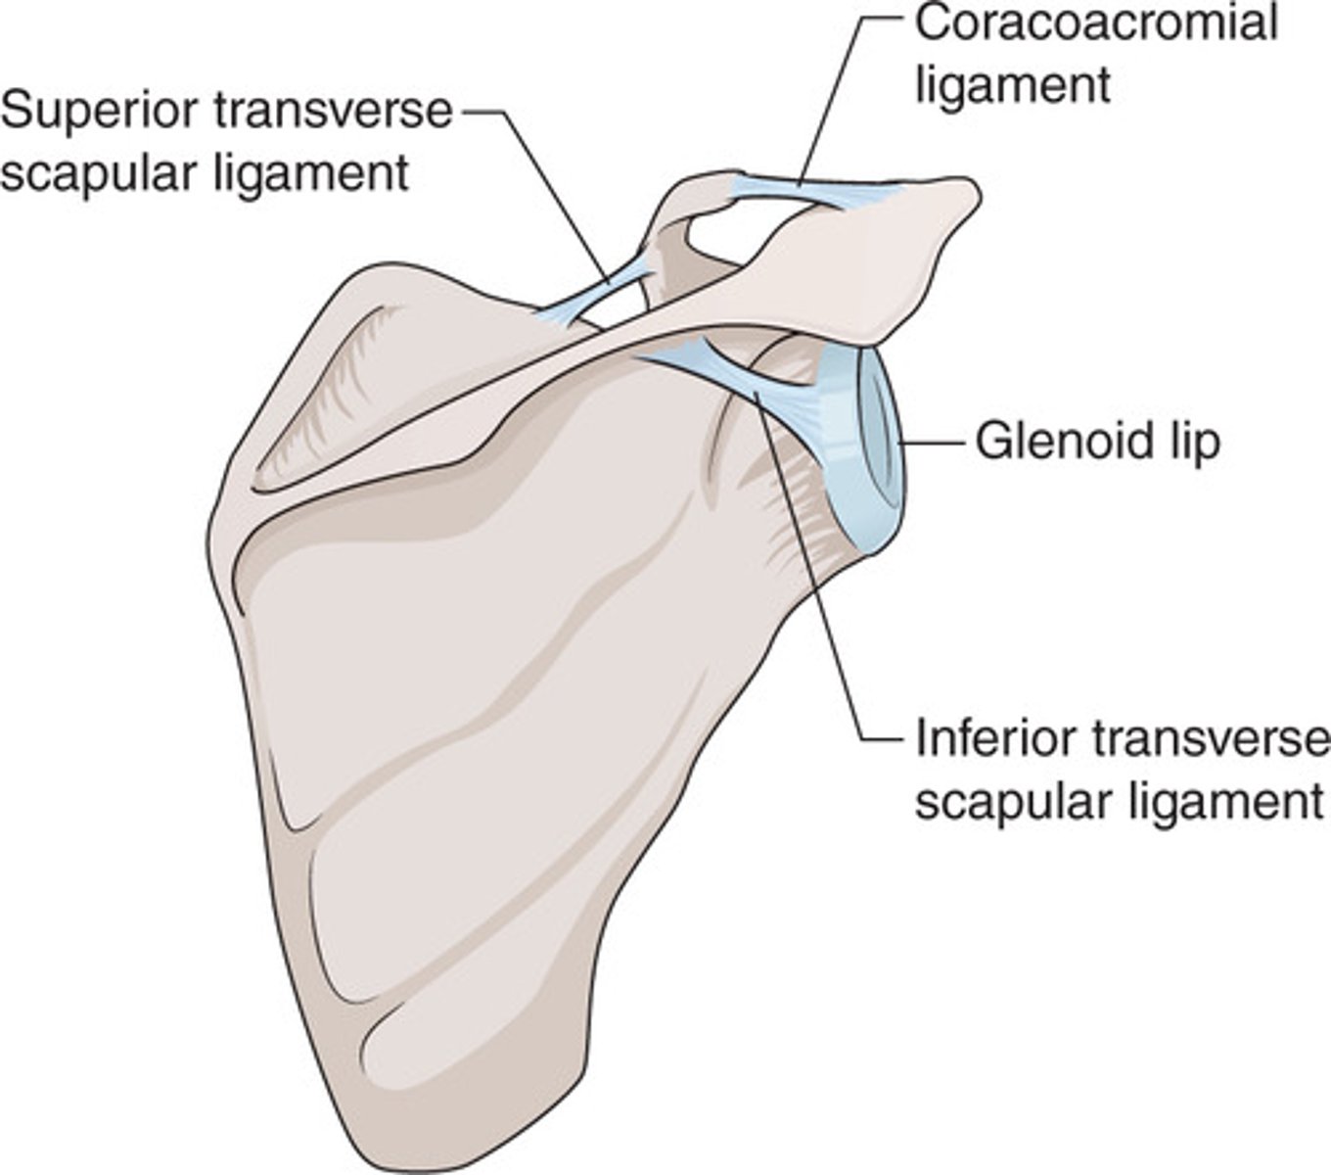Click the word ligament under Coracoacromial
(x=1013, y=84)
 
